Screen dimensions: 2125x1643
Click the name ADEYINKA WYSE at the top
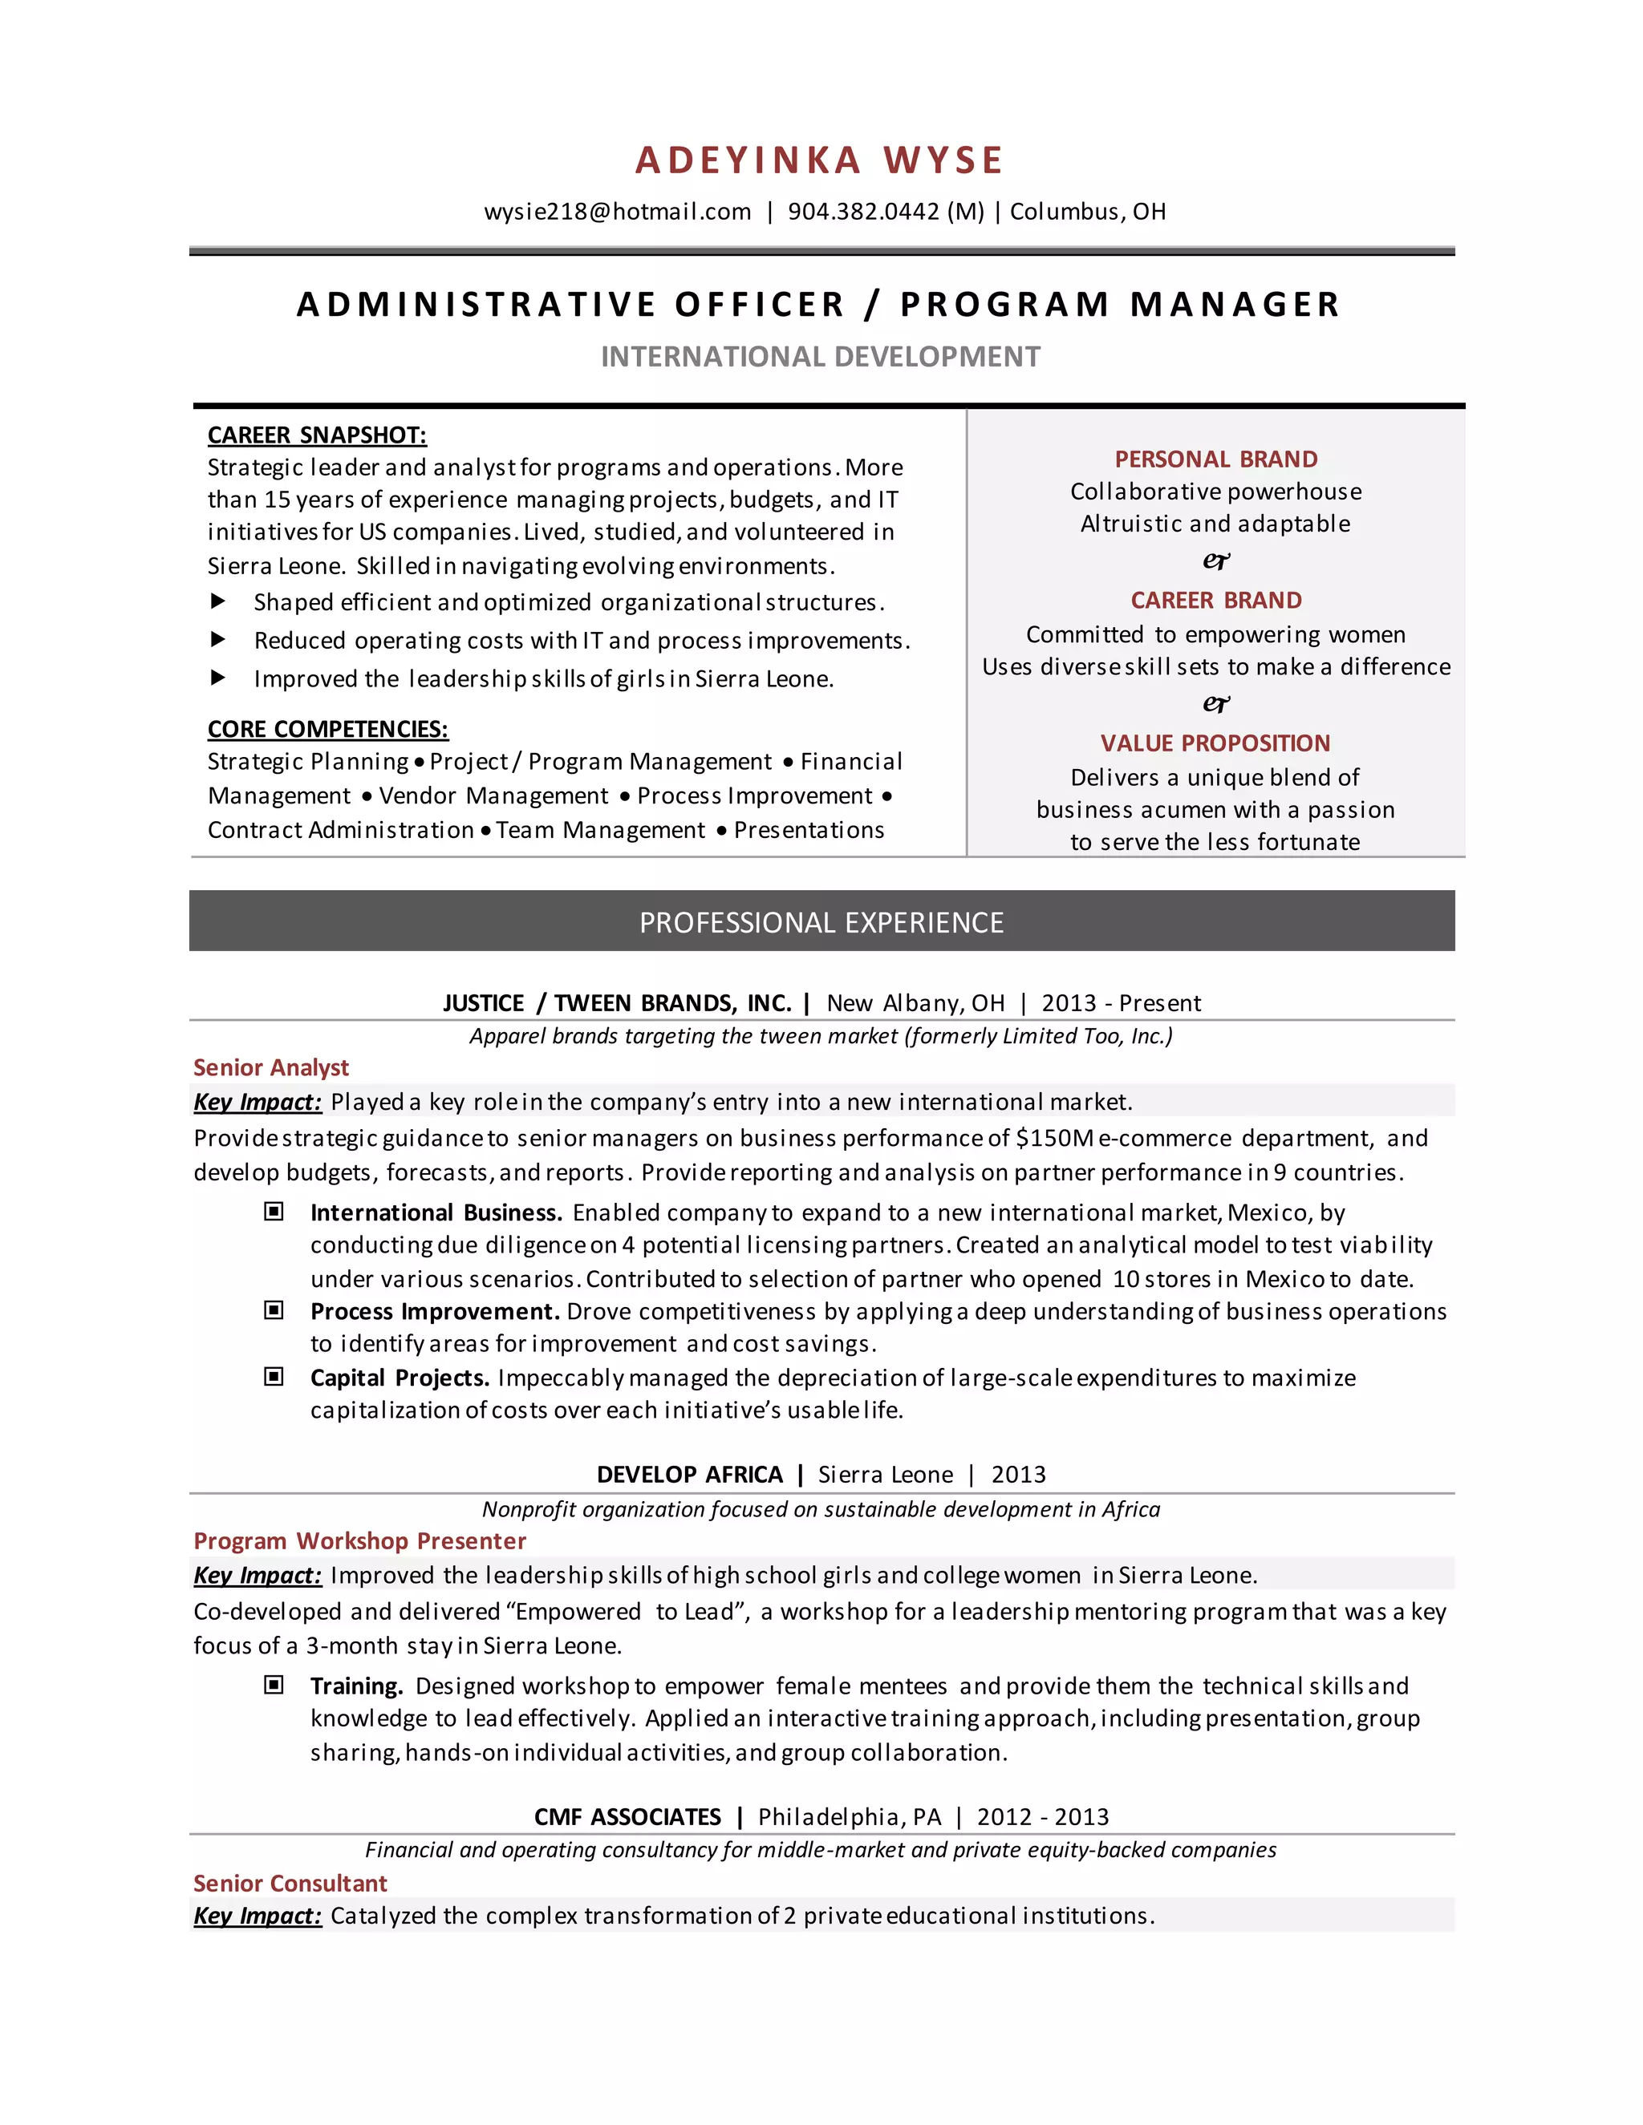820,160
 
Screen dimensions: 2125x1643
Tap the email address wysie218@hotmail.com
617,212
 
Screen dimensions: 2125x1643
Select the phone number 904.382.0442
863,212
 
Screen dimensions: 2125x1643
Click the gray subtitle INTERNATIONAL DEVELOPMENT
821,357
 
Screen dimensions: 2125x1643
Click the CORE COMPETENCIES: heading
327,729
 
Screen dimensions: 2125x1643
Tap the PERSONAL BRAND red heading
1215,459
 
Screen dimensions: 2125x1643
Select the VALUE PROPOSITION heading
1215,743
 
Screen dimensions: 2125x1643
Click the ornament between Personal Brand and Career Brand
1215,561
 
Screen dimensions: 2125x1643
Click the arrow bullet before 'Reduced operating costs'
218,639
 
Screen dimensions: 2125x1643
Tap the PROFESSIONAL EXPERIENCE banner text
821,922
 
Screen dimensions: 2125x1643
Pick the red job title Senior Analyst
270,1067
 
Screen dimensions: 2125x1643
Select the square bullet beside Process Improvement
274,1310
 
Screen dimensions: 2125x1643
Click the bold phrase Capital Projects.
399,1378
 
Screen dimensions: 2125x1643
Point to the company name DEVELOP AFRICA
689,1474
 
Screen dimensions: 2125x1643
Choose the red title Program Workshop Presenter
359,1541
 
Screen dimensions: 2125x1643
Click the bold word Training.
356,1686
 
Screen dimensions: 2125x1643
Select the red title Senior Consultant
290,1883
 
